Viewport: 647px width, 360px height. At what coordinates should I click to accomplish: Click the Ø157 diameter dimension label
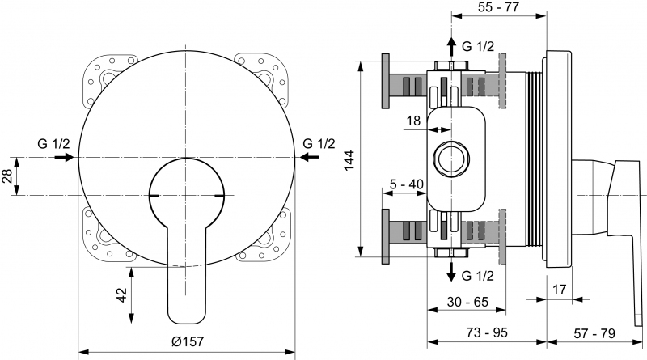point(188,341)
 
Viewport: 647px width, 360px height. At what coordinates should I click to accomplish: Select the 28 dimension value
point(7,176)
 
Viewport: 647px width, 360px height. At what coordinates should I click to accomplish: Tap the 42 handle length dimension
point(123,294)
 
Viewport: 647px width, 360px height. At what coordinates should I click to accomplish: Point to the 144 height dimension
point(349,160)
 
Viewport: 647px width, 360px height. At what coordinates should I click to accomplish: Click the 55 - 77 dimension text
point(498,6)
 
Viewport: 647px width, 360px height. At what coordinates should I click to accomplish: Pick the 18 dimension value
point(413,121)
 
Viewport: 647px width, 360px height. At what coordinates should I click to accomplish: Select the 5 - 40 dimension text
point(407,184)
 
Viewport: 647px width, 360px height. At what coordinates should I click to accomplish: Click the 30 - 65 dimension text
point(467,302)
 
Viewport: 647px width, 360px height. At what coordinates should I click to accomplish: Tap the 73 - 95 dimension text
point(487,332)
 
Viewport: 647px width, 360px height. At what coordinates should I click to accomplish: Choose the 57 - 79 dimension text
point(594,333)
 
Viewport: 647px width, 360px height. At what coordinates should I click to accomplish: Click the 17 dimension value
point(560,290)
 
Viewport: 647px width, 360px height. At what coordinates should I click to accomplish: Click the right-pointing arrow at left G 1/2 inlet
point(64,157)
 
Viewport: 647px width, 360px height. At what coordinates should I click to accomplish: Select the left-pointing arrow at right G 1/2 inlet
point(309,157)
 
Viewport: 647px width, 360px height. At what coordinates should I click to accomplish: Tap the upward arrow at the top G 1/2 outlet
point(452,47)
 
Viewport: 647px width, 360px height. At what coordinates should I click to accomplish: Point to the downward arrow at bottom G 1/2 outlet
point(452,272)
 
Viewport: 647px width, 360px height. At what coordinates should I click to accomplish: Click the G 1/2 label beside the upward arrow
point(478,46)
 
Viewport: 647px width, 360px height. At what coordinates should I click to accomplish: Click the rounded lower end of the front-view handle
point(187,319)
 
